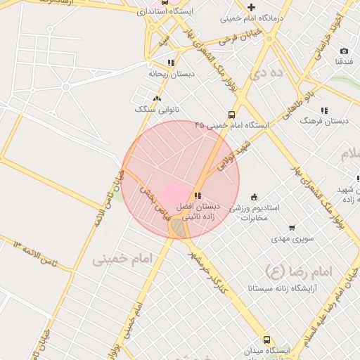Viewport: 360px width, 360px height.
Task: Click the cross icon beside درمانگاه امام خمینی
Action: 251,7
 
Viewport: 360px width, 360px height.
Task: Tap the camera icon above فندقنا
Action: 344,51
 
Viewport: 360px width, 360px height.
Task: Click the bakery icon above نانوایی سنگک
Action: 157,99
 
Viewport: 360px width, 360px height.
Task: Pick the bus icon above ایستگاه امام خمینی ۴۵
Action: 231,115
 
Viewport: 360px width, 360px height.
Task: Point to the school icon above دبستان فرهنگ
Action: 324,110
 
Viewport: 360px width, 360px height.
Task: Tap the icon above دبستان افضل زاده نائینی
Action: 198,195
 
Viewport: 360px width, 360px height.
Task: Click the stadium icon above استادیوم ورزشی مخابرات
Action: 254,197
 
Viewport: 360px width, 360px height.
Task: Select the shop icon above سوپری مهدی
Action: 292,228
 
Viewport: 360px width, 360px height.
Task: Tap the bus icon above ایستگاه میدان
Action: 266,339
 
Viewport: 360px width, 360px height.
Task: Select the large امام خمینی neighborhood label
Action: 122,259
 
